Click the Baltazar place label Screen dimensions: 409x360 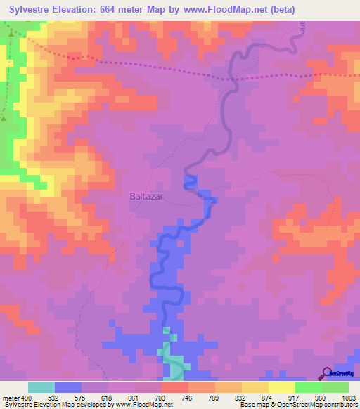click(146, 197)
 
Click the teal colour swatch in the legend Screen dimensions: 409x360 click(41, 387)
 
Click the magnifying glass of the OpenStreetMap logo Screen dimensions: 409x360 click(326, 372)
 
